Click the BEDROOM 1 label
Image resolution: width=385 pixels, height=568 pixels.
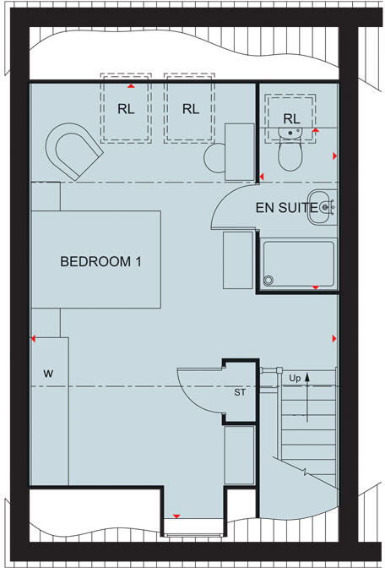(x=100, y=262)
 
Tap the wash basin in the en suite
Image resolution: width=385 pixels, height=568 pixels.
(x=323, y=208)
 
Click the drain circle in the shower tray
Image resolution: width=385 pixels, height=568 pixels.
(x=269, y=281)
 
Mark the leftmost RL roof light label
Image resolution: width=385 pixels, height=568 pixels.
(x=126, y=109)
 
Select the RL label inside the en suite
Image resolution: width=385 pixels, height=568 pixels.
(x=291, y=117)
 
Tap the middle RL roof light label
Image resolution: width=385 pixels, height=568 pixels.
(x=190, y=109)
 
